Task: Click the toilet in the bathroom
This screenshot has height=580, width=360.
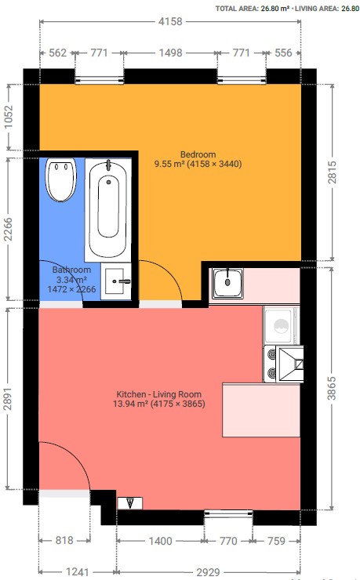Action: point(61,179)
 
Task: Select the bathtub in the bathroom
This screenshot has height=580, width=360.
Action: point(108,209)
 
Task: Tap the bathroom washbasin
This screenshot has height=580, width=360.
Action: point(116,281)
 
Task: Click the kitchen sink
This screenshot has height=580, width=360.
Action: point(227,283)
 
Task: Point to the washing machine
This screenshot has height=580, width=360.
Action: point(282,325)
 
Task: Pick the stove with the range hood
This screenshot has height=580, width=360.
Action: point(283,364)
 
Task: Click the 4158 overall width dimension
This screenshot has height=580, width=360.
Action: point(170,21)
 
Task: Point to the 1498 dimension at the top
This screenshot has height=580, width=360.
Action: point(170,53)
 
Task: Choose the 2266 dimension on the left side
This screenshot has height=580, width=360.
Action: point(8,230)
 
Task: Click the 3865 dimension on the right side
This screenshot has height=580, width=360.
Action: point(332,389)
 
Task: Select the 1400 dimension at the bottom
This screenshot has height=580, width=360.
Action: point(160,541)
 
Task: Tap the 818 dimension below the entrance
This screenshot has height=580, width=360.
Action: point(64,541)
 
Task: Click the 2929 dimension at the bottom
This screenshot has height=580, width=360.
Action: point(209,573)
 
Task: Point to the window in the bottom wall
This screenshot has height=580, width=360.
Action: point(228,513)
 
